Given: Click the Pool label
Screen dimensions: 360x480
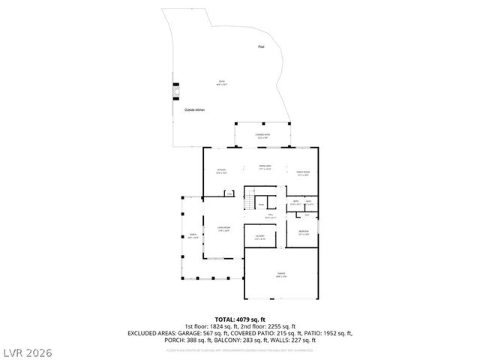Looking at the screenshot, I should pyautogui.click(x=261, y=46).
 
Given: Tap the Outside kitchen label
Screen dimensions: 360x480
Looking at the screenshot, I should pyautogui.click(x=194, y=110).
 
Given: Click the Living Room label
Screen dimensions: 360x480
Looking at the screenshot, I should pyautogui.click(x=223, y=229).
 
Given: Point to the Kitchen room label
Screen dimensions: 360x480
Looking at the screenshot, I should pyautogui.click(x=221, y=172).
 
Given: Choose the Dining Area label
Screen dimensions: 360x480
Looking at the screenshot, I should pyautogui.click(x=265, y=166).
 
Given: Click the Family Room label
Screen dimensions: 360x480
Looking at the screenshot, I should pyautogui.click(x=303, y=173).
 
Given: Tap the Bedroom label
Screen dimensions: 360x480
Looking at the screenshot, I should pyautogui.click(x=303, y=232).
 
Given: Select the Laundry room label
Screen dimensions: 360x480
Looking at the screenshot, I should pyautogui.click(x=259, y=238).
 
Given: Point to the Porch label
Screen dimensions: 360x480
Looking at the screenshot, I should pyautogui.click(x=192, y=236).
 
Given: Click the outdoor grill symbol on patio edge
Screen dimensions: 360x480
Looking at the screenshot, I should pyautogui.click(x=175, y=89).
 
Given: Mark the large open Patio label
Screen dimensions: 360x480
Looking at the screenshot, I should pyautogui.click(x=221, y=82).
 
